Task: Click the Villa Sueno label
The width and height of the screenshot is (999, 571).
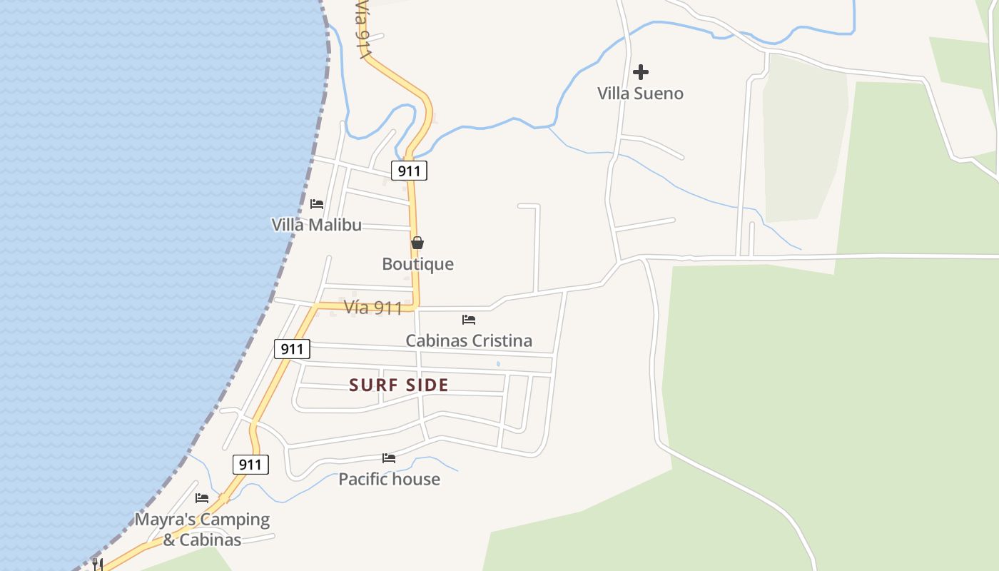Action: click(x=640, y=94)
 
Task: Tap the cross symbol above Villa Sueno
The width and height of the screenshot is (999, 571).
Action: click(x=641, y=71)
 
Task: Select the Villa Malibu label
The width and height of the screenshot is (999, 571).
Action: click(x=316, y=225)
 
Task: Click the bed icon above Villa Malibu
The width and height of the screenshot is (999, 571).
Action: click(x=317, y=203)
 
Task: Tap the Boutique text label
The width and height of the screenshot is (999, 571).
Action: click(x=417, y=264)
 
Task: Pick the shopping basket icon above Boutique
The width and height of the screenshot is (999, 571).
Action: click(x=417, y=243)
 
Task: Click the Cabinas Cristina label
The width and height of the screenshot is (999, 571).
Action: click(x=469, y=340)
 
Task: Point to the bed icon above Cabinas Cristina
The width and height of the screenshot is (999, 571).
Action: click(x=469, y=319)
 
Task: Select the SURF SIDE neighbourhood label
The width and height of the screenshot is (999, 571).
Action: click(x=399, y=385)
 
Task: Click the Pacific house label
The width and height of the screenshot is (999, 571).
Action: click(x=389, y=479)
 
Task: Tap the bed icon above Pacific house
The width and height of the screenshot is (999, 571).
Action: click(x=389, y=458)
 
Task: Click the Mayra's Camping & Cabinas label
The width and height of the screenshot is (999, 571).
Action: click(x=203, y=529)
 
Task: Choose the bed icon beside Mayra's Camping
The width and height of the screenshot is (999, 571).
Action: click(x=202, y=497)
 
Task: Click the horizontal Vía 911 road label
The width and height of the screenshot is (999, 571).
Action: click(x=372, y=308)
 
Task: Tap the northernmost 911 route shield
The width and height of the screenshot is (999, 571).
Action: click(x=409, y=171)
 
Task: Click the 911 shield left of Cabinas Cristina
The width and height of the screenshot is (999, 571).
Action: click(x=292, y=349)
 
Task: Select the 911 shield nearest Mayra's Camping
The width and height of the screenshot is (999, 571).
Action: click(x=250, y=465)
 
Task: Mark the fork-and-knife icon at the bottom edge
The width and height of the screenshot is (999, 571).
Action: click(x=98, y=565)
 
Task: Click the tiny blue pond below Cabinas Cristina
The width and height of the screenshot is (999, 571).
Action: click(x=498, y=365)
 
